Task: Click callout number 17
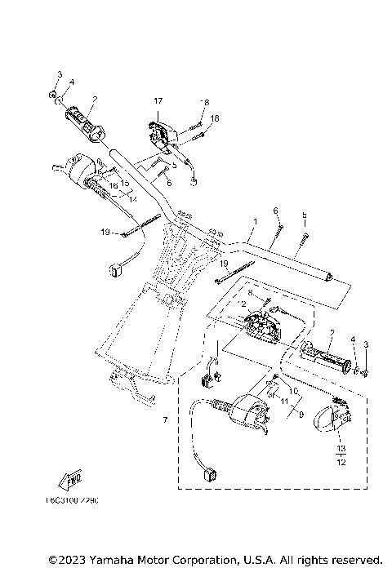pyautogui.click(x=158, y=100)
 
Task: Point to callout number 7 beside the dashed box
pyautogui.click(x=164, y=420)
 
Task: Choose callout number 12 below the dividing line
pyautogui.click(x=341, y=463)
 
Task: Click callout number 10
pyautogui.click(x=294, y=391)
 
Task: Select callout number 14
pyautogui.click(x=132, y=199)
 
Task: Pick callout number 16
pyautogui.click(x=114, y=186)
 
